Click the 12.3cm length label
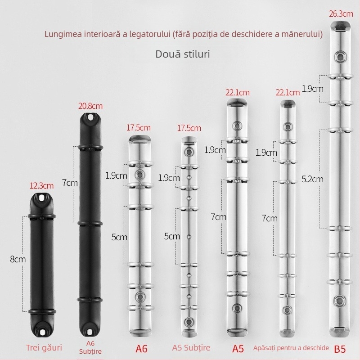tap(41, 185)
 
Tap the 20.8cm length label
tap(90, 106)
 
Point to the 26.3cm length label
tap(341, 13)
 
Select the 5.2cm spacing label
tap(313, 179)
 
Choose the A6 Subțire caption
tap(91, 347)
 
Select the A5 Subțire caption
tap(191, 347)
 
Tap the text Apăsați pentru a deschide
tap(291, 348)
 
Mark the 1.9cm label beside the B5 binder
tap(313, 89)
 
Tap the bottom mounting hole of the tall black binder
tap(91, 332)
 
